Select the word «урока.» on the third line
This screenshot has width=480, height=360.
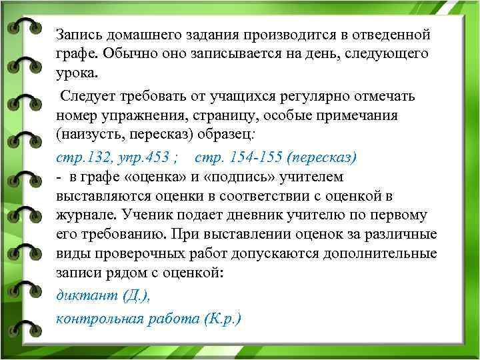click(x=77, y=73)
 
